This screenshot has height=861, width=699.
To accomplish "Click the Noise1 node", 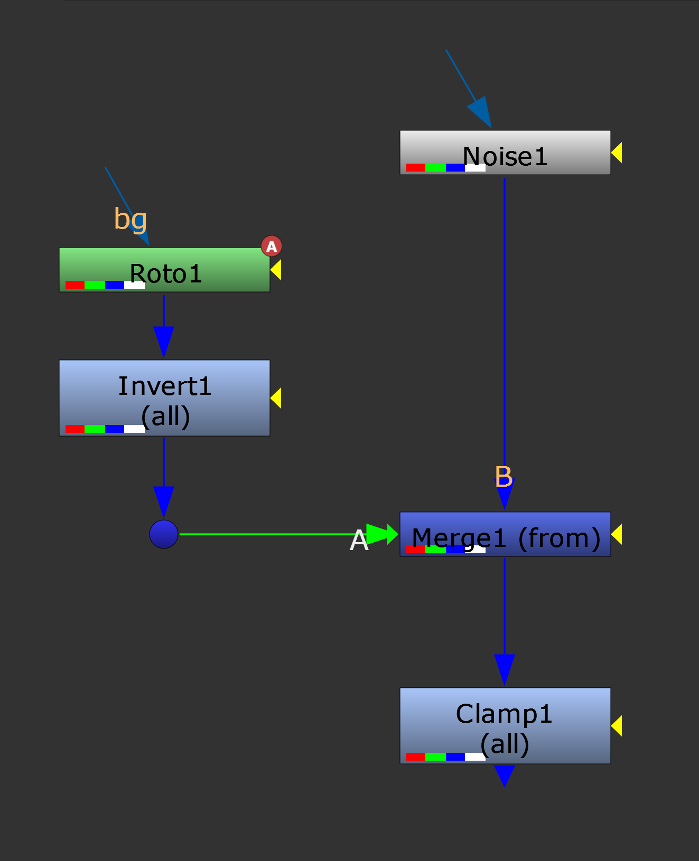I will point(505,152).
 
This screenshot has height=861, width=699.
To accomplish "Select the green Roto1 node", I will point(164,269).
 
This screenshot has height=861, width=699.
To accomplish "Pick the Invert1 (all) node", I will point(164,398).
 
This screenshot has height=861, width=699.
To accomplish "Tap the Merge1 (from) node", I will point(505,534).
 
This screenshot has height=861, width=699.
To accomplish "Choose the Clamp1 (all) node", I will point(505,725).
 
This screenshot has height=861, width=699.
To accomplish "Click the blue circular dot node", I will point(164,534).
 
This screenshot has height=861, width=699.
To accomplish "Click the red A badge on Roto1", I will point(272,246).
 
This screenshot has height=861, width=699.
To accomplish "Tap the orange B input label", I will point(504,477).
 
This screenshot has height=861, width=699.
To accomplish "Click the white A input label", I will point(359,541).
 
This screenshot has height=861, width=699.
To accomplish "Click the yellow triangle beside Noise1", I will point(617,153).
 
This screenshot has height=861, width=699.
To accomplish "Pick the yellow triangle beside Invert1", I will point(276,398).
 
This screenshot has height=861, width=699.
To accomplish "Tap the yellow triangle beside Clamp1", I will point(617,726).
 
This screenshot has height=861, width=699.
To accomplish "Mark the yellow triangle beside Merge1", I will point(617,534).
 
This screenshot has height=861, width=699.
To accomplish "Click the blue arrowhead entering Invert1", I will point(164,340).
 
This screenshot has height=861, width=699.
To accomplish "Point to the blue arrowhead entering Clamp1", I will point(505,668).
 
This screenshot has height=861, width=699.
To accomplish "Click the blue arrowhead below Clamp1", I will point(505,775).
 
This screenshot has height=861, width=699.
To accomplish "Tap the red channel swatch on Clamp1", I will point(416,756).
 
